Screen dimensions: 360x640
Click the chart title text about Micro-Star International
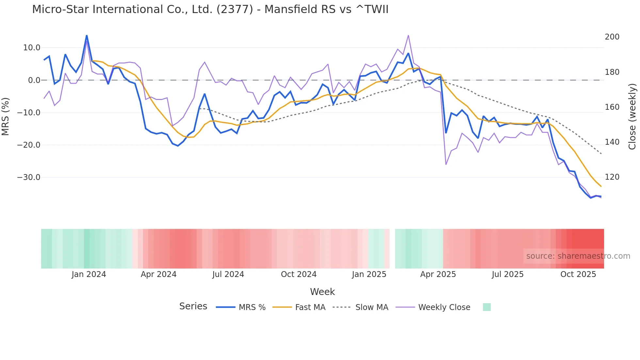(210, 9)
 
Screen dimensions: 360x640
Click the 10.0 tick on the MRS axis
(32, 48)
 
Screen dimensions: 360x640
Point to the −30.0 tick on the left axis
(29, 177)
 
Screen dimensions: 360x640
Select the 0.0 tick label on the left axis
(34, 80)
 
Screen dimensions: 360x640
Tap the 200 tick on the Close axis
(612, 37)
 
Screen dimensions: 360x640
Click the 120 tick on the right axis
(612, 177)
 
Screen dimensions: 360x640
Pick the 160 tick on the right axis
(612, 107)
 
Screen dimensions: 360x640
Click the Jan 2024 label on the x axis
(89, 274)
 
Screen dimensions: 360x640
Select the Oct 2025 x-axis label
(578, 274)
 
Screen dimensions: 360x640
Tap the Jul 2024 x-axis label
(228, 274)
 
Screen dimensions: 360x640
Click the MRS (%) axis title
(5, 117)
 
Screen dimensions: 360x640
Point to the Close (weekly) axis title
(632, 117)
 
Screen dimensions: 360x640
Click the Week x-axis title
(322, 292)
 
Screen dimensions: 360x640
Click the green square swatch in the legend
(487, 307)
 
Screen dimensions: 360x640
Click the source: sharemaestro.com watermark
(578, 256)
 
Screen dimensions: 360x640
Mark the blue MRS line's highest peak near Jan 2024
(87, 36)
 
